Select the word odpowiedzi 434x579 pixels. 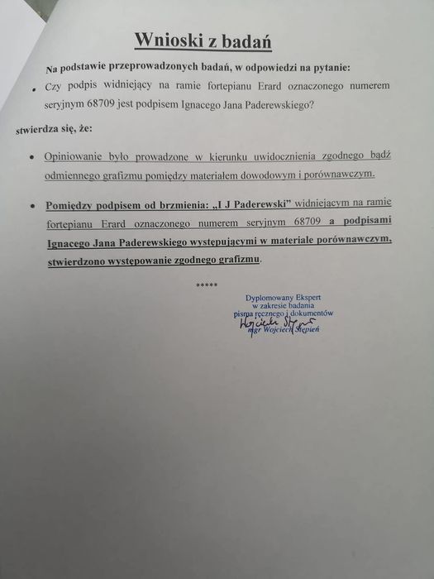tap(297, 67)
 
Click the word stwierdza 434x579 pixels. tap(34, 130)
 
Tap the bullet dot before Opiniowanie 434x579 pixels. tap(31, 157)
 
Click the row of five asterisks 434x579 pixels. tap(207, 285)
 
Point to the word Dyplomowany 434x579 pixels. tap(268, 297)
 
